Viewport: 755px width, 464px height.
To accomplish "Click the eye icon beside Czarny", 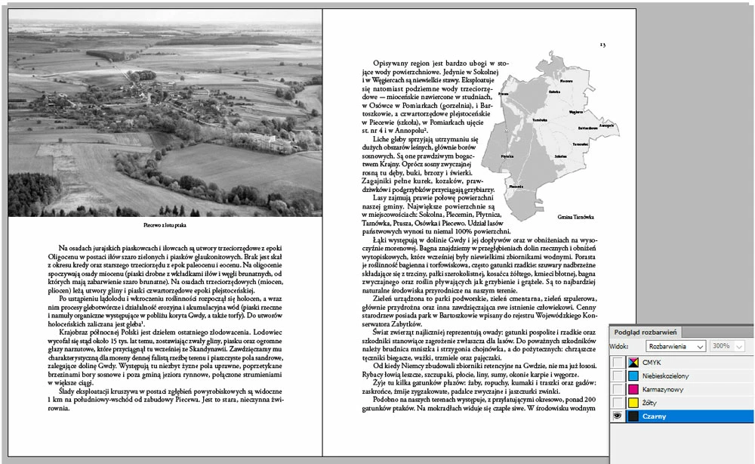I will click(x=618, y=416).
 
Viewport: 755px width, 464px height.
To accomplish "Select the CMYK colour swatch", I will click(x=633, y=363).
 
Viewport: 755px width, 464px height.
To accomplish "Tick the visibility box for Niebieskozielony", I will click(x=618, y=376).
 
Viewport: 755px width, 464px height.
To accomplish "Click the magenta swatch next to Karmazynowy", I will click(x=633, y=389).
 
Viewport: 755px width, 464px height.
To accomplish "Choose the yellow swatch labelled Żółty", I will click(x=633, y=403).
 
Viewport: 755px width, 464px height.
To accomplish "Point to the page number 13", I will click(x=602, y=45).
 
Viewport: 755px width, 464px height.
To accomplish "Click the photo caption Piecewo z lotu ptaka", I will click(x=164, y=225).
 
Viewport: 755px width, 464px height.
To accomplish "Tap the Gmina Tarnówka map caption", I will click(x=575, y=217).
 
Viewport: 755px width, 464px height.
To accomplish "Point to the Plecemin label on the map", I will click(x=516, y=186).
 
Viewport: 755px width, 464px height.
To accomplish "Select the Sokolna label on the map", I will click(x=560, y=156).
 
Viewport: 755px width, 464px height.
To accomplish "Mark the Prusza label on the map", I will click(x=504, y=94).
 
